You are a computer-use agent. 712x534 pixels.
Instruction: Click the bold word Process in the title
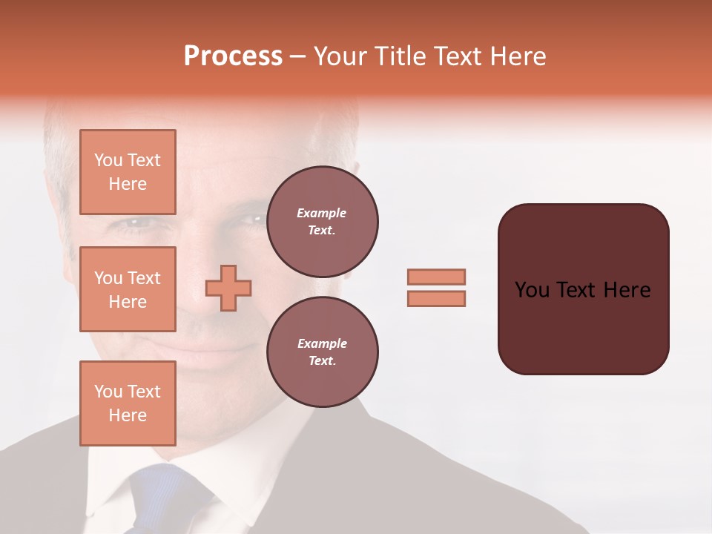click(233, 56)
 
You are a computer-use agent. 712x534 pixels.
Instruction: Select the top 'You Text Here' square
click(128, 172)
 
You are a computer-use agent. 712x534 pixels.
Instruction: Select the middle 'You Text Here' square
click(128, 289)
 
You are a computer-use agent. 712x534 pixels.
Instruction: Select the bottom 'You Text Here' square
click(128, 403)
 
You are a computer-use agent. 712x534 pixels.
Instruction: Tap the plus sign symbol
click(228, 289)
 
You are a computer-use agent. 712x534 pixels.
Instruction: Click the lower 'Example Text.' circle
click(322, 352)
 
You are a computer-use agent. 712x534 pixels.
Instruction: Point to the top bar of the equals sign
click(436, 277)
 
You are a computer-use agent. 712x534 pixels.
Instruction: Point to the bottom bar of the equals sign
click(436, 298)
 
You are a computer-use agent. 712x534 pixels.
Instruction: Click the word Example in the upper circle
click(322, 213)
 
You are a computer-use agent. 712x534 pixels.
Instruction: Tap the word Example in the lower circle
click(322, 343)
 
